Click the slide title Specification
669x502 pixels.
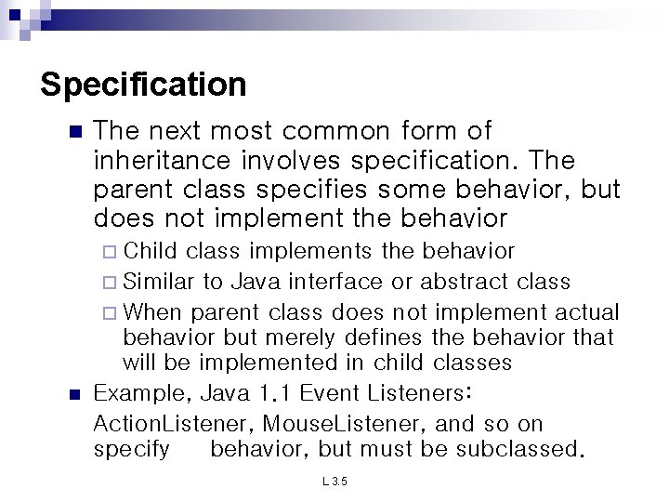tap(144, 86)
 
